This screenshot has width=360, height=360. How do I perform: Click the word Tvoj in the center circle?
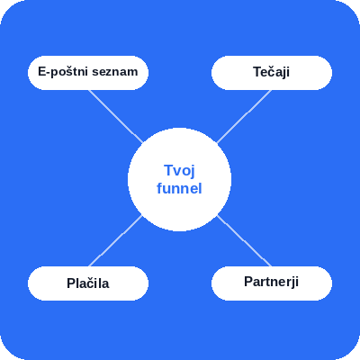coord(179,171)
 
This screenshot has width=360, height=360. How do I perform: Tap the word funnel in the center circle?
coord(179,188)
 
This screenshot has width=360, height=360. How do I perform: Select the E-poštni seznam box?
coord(88,73)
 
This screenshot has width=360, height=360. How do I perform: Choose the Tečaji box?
coord(272,73)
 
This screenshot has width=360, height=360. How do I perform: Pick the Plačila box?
coord(88,283)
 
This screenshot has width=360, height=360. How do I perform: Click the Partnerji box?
coord(272,283)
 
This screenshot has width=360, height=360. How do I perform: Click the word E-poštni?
coord(63,72)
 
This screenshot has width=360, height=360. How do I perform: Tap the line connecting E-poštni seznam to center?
coord(115,116)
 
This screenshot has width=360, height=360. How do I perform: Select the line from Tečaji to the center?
coord(244,116)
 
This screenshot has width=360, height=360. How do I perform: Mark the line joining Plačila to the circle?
coord(115,240)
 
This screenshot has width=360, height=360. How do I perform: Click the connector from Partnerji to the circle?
coord(244,240)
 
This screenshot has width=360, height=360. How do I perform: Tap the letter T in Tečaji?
coord(257,72)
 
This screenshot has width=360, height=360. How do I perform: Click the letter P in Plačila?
coord(70,283)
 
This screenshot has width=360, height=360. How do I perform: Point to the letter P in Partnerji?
coord(248,282)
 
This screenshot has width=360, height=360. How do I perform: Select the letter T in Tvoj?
coord(169,170)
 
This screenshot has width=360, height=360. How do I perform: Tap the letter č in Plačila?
coord(89,283)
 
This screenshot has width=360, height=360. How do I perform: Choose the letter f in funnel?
coord(159,188)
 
